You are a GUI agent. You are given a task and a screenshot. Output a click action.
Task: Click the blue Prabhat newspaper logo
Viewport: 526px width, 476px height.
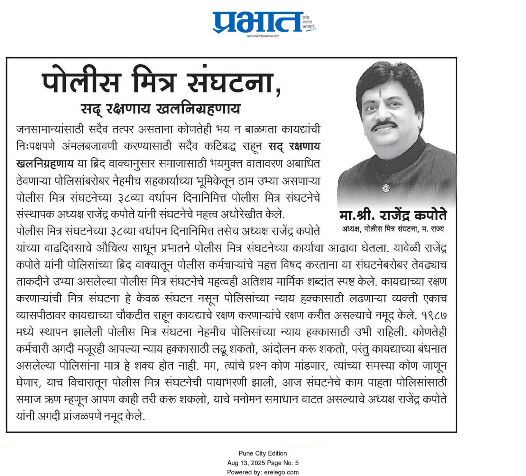click(258, 22)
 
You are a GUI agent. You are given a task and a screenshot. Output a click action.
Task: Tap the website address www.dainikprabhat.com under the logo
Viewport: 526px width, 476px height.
click(263, 36)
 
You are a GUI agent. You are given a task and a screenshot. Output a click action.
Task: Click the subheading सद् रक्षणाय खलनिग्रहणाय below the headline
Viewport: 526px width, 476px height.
click(160, 109)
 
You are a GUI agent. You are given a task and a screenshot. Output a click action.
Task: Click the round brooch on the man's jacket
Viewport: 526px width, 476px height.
click(385, 188)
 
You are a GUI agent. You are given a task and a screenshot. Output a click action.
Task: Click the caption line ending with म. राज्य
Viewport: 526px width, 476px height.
click(393, 229)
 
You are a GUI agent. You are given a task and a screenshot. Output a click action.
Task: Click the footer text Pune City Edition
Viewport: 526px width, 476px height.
click(263, 453)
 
